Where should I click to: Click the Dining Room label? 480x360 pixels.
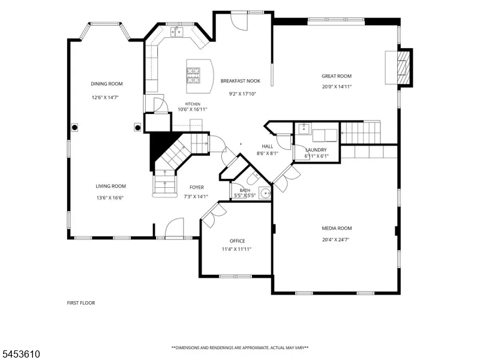click(x=107, y=84)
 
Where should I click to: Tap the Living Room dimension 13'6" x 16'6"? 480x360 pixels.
click(x=110, y=198)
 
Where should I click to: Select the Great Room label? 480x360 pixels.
click(x=337, y=76)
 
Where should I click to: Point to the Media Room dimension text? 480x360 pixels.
click(x=335, y=239)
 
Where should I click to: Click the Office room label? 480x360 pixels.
click(x=237, y=241)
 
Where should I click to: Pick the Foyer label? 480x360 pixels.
click(x=197, y=187)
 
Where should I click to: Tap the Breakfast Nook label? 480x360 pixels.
click(x=241, y=81)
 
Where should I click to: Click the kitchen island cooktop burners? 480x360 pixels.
click(x=193, y=76)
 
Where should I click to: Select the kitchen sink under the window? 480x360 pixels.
click(x=176, y=31)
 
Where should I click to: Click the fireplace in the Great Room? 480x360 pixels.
click(x=403, y=68)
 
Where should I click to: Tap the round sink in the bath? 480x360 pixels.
click(x=265, y=193)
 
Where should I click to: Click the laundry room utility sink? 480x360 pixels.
click(x=304, y=128)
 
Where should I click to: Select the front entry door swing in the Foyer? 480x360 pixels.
click(x=174, y=227)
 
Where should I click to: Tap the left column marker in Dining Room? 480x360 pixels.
click(x=74, y=127)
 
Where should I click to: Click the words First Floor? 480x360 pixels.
click(x=81, y=303)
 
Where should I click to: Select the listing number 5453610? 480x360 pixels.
click(x=20, y=354)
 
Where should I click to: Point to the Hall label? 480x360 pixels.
click(x=267, y=146)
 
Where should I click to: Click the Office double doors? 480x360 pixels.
click(x=214, y=215)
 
